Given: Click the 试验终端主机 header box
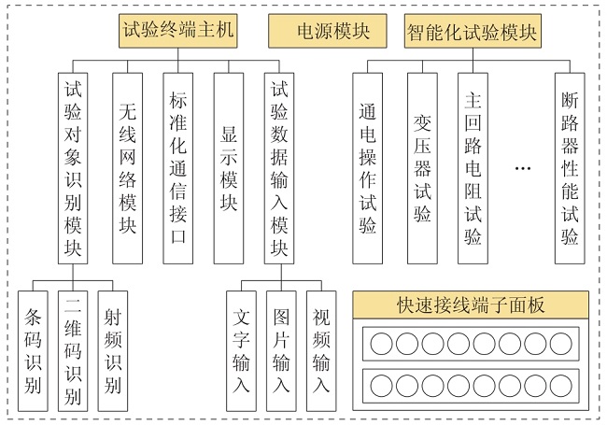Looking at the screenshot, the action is pos(178,31).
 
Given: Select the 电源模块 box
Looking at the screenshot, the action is pos(328,31).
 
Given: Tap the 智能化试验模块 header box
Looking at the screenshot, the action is pos(473,31).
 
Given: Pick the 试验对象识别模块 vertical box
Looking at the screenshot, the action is pos(73,168).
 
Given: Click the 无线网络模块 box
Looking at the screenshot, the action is pos(127,168).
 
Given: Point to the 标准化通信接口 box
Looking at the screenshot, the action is pos(178,168).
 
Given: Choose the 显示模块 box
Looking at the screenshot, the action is pos(229,168).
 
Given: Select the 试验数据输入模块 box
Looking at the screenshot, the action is pos(279,168).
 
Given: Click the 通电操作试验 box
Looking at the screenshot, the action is pos(367,168).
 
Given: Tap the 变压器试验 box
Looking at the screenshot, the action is pos(422,168).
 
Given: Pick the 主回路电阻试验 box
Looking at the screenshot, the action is pos(473,168).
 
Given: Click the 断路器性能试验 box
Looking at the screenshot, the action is pos(570,168).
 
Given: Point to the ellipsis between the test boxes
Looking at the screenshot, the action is pos(523,168).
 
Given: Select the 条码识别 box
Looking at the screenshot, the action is pos(33,351).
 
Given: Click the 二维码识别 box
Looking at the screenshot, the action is pos(73,351).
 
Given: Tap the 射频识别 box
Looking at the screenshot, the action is pos(113,351).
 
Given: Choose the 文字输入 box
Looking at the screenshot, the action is pos(241,351).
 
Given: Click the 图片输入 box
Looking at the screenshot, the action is pos(281,351).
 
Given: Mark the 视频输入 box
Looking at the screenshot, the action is pos(321,351).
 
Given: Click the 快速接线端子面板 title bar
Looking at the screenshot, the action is pos(471,305).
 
